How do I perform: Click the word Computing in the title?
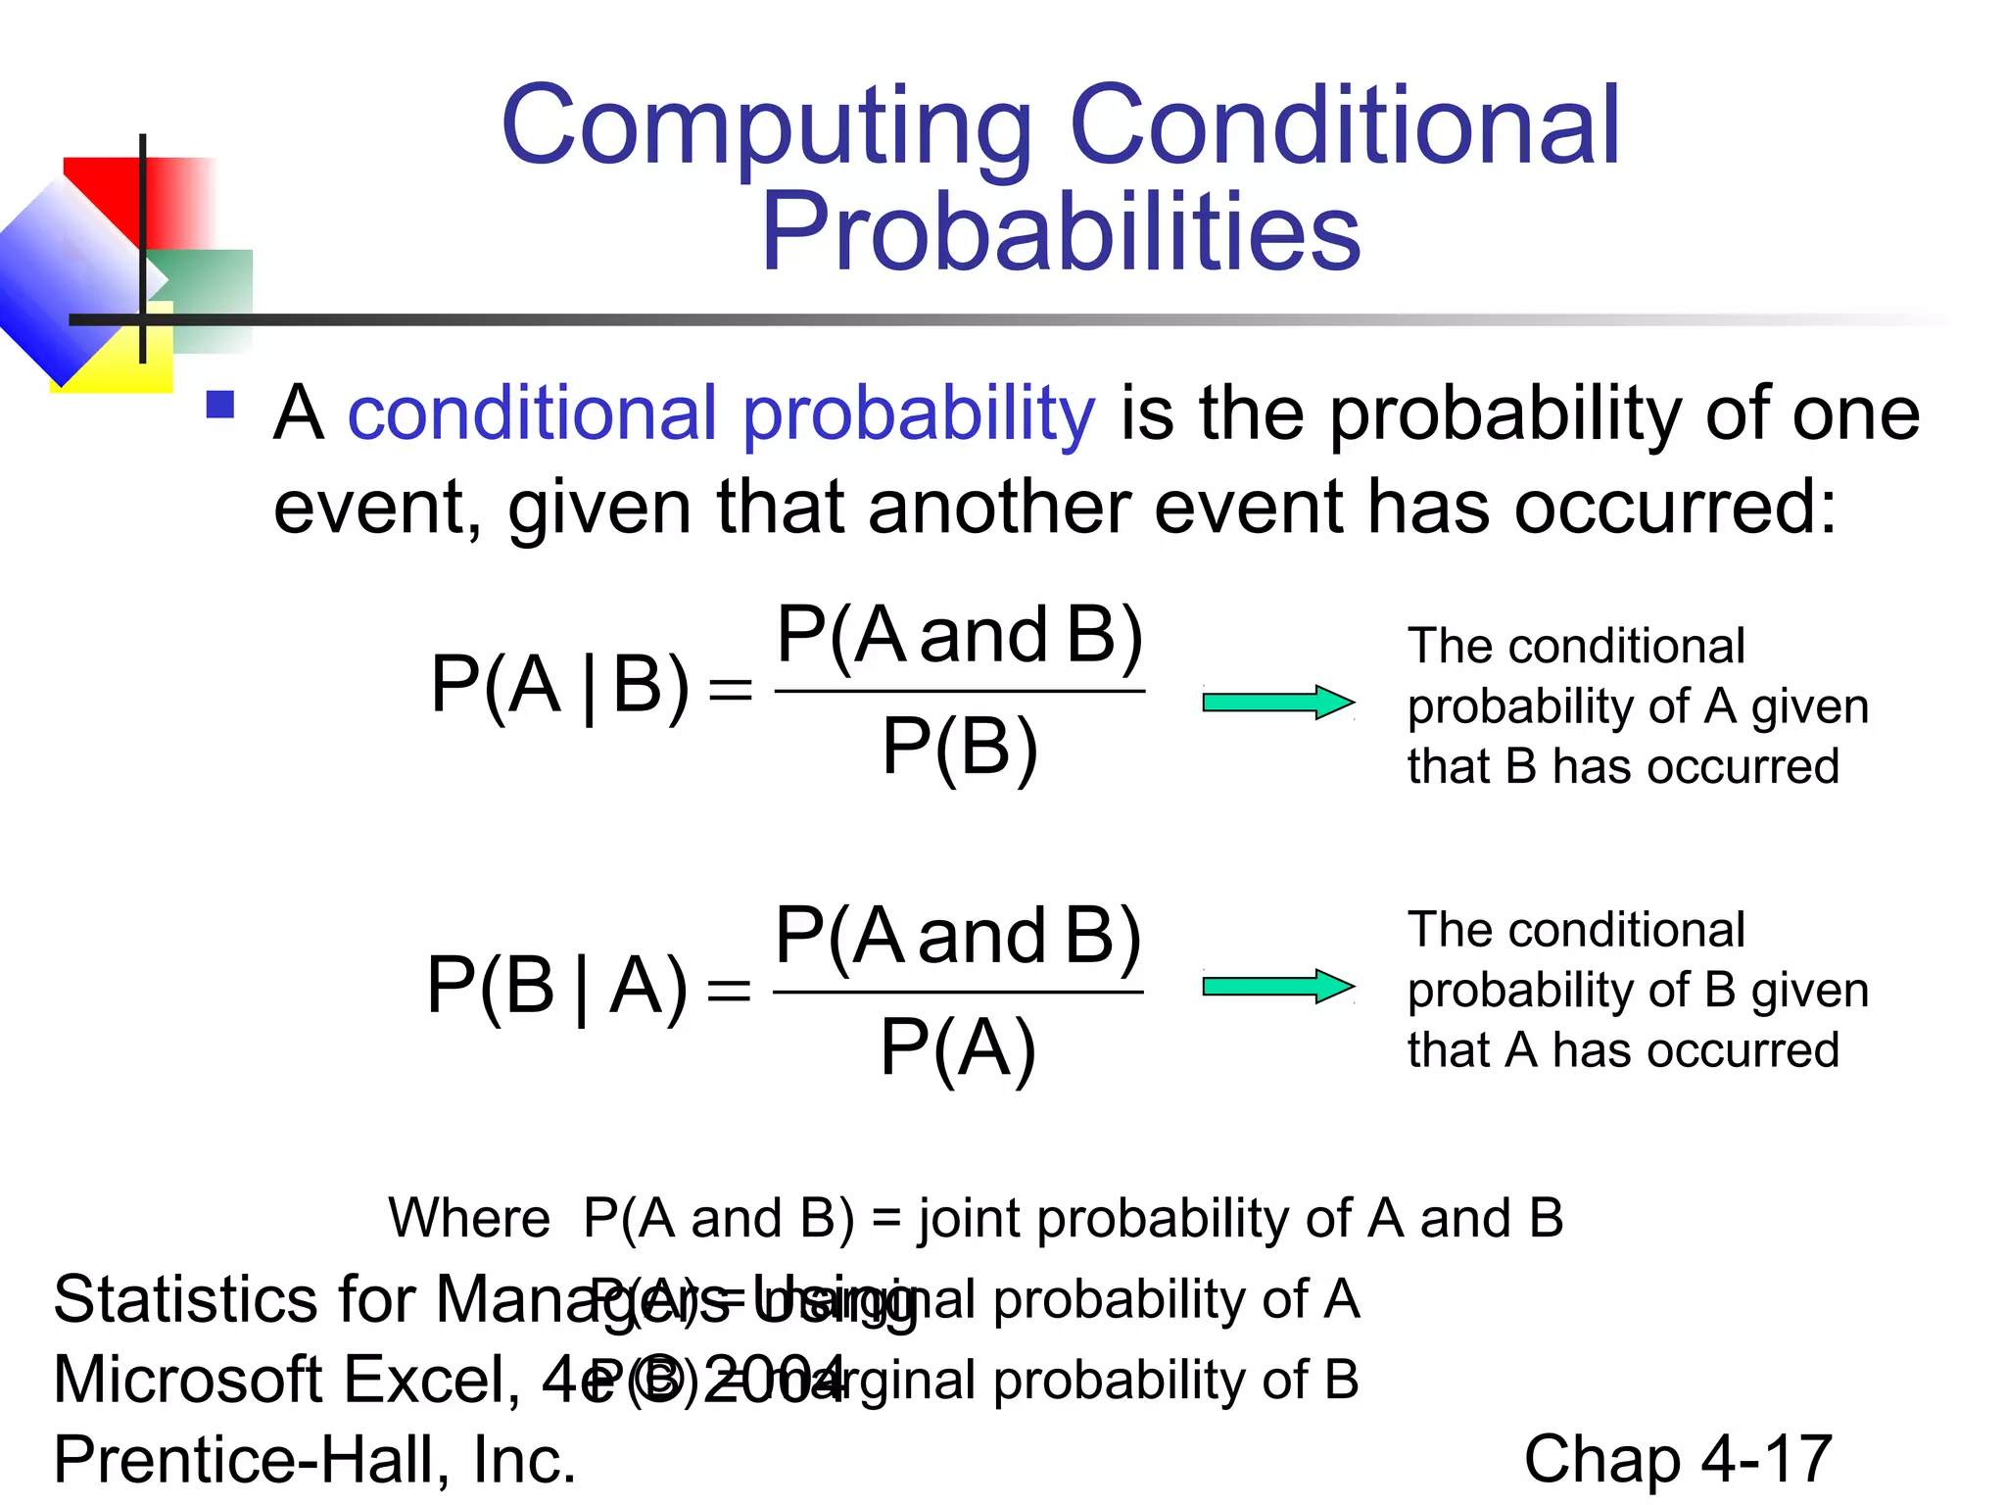click(766, 127)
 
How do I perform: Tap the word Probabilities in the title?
click(1061, 232)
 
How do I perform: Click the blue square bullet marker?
click(220, 405)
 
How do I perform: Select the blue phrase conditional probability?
click(721, 413)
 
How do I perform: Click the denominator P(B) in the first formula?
click(959, 747)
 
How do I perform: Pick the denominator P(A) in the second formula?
click(957, 1047)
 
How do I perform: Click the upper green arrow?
click(1277, 702)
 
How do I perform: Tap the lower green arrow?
click(1277, 986)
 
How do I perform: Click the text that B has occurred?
click(1622, 766)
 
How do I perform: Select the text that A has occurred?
click(1622, 1050)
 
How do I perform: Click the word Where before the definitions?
click(469, 1218)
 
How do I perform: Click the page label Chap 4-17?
click(1677, 1459)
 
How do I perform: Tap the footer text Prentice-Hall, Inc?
click(314, 1459)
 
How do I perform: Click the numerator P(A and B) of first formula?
click(959, 636)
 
